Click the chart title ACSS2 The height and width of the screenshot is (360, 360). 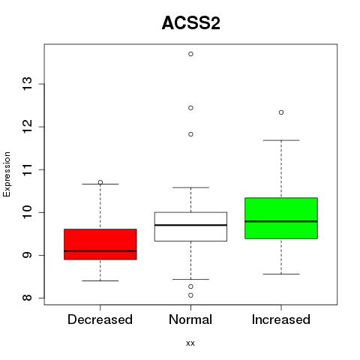point(191,23)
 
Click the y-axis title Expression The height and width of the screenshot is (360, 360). point(7,174)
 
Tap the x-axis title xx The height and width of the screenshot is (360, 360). point(190,343)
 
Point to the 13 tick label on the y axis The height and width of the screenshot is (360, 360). point(28,84)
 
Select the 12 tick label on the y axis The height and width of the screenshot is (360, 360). point(28,127)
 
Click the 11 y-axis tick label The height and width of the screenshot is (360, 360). point(28,169)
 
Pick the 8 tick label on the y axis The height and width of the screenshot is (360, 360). point(28,298)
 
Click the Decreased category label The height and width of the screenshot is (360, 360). point(100,319)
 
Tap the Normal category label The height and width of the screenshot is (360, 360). point(190,319)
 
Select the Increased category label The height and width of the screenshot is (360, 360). point(281,319)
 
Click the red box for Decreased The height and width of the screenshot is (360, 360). point(100,244)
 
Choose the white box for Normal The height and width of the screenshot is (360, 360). point(190,226)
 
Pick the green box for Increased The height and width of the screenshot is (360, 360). point(281,218)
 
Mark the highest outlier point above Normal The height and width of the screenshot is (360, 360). point(190,54)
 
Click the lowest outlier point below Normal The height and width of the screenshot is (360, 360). point(190,295)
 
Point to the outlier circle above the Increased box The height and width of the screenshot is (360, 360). point(281,112)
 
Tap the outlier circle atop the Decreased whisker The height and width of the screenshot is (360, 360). point(100,182)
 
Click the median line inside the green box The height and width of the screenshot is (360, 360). point(281,221)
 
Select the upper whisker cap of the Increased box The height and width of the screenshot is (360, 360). point(281,140)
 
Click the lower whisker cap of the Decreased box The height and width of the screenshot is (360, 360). point(100,280)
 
